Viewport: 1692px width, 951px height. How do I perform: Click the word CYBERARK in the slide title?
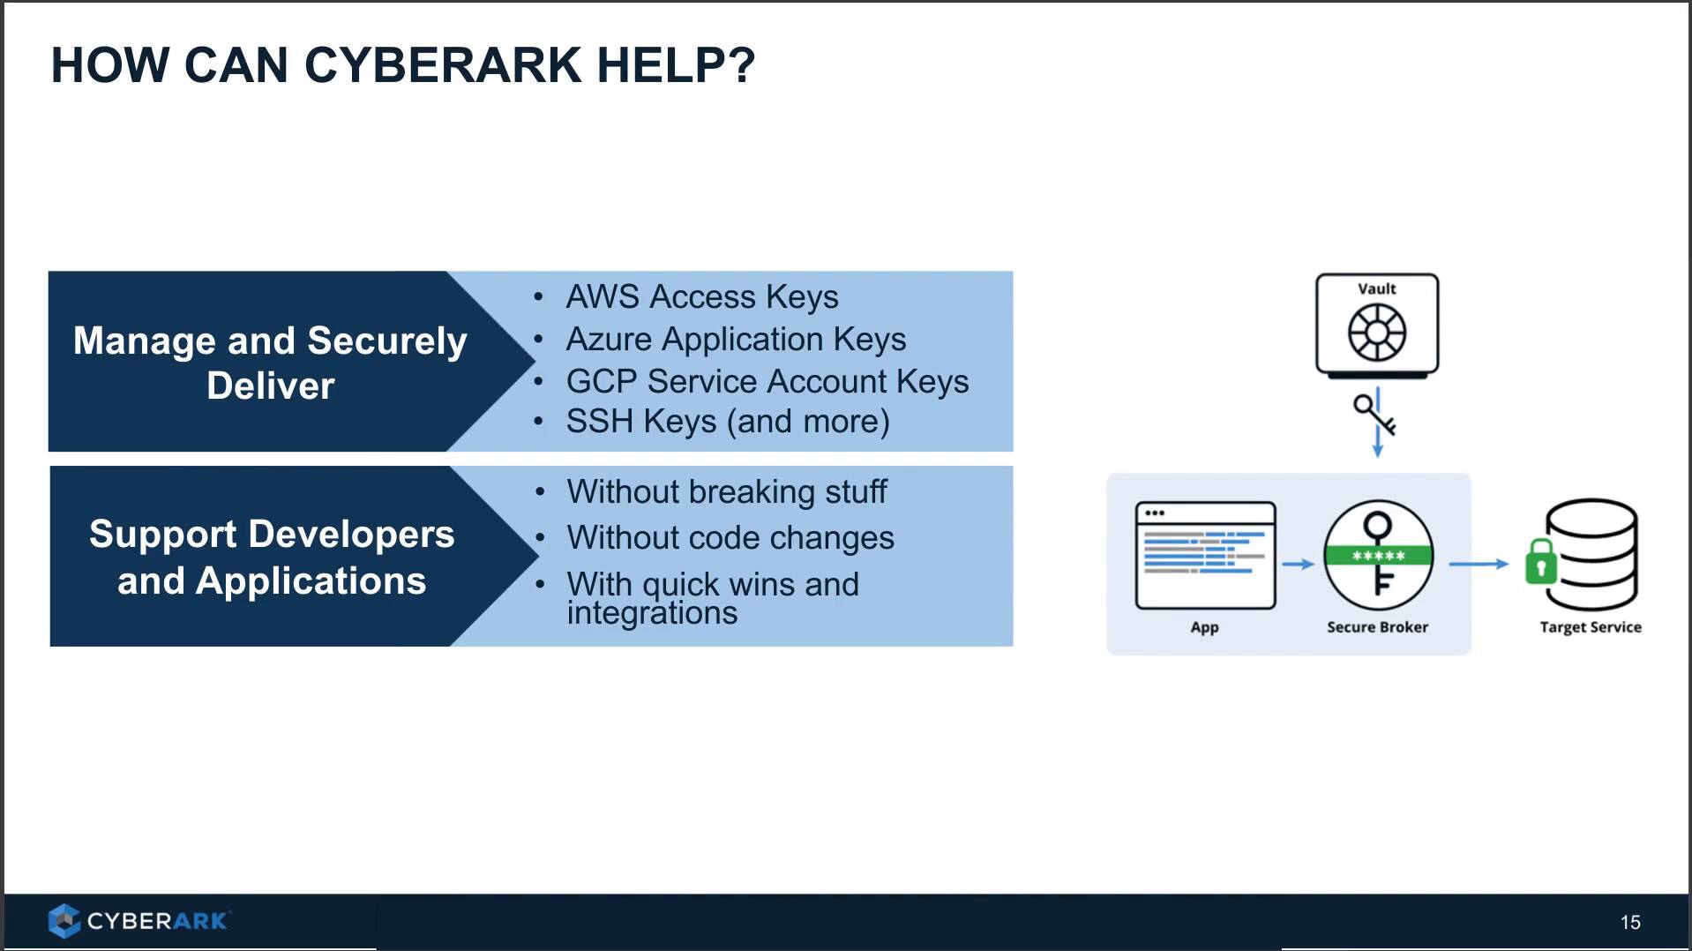(443, 65)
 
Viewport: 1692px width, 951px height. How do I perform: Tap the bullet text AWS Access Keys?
(701, 297)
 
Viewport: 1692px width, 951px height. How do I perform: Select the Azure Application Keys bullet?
(736, 340)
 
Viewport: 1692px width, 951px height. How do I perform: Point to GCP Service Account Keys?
(767, 381)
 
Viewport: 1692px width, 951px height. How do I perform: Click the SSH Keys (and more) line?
(727, 422)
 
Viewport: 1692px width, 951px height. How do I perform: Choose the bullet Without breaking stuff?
(726, 492)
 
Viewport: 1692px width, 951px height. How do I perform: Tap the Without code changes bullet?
(730, 538)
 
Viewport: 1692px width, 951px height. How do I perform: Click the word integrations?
(652, 613)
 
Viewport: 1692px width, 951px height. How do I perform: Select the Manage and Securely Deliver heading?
(270, 363)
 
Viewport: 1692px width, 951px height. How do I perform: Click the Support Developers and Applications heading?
(272, 557)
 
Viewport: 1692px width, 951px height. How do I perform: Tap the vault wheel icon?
(1376, 333)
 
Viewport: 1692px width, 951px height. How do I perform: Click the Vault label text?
(1376, 288)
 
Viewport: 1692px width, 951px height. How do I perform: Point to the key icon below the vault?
(1374, 414)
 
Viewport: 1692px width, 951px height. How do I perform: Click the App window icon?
(1205, 556)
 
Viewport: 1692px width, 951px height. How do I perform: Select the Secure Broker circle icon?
(1378, 556)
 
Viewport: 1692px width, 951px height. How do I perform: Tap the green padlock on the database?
(1541, 562)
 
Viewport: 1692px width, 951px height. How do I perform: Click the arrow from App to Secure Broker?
(1298, 564)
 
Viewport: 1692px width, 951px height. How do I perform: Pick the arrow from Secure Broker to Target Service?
(1479, 564)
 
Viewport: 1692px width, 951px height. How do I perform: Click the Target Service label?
(1590, 627)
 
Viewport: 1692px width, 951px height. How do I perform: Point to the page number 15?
(1629, 922)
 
